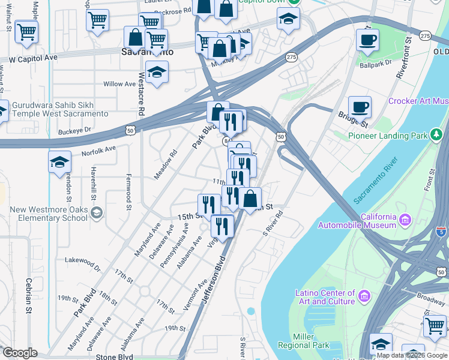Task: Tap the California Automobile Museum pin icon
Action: coord(406,220)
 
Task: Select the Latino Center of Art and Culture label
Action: coord(327,297)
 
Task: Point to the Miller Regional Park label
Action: coord(304,341)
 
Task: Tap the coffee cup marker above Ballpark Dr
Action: coord(367,40)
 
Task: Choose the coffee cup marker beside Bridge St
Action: coord(360,107)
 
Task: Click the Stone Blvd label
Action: coord(114,356)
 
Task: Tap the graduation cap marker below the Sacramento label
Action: coord(157,73)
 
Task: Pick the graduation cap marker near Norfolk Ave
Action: coord(60,162)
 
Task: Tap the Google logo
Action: coord(19,353)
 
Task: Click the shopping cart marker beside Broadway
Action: coord(435,326)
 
